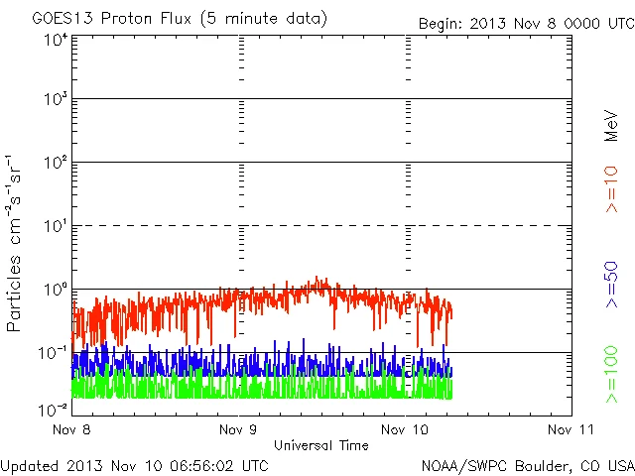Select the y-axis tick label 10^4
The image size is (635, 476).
point(55,40)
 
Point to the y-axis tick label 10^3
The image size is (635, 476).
point(55,99)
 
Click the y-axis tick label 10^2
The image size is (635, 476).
point(55,163)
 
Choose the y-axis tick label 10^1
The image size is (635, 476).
point(55,226)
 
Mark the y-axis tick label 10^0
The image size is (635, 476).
point(55,290)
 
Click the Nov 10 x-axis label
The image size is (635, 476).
point(406,429)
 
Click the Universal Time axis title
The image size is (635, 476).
point(320,445)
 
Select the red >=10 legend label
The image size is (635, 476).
point(612,190)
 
